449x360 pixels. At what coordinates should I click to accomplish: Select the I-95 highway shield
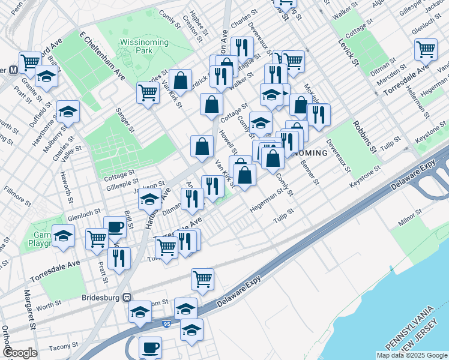coord(166,325)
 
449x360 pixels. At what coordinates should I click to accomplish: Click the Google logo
coord(20,353)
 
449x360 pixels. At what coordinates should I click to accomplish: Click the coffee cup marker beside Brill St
coord(115,226)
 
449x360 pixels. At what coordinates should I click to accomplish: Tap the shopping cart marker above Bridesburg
coord(203,278)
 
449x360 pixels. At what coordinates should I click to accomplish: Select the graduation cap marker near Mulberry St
coord(68,110)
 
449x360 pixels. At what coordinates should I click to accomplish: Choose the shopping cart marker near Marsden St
coord(426,49)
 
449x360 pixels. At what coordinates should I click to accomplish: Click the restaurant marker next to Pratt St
coord(119,257)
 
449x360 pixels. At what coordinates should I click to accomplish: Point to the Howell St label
coord(229,142)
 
